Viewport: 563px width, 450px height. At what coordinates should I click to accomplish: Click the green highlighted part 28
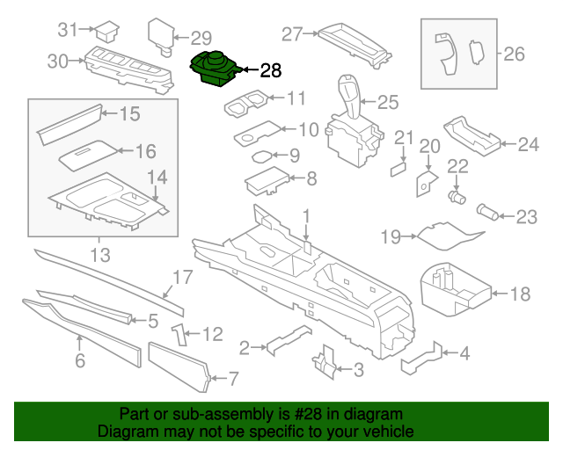pos(214,70)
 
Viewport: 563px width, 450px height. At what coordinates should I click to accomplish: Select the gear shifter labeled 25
pos(352,123)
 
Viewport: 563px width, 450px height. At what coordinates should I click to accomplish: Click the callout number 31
pos(68,30)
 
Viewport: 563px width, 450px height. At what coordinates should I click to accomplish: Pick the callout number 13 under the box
pos(99,256)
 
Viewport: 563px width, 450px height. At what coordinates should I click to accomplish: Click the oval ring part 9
pos(262,157)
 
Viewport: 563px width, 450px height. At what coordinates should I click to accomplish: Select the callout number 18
pos(521,294)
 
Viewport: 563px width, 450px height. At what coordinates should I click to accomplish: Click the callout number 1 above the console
pos(306,216)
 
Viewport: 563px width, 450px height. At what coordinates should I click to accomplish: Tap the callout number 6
pos(80,360)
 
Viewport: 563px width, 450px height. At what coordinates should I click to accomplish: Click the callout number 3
pos(358,370)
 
